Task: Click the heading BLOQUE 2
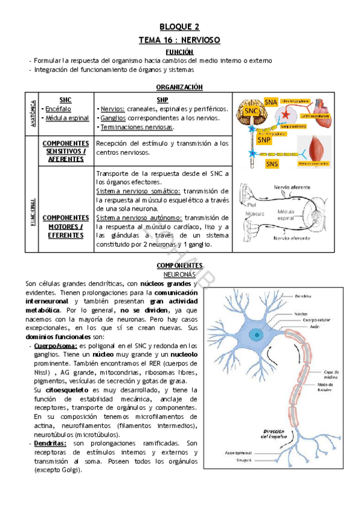click(x=179, y=27)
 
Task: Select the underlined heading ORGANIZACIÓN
click(x=179, y=87)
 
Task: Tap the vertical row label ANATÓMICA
click(x=31, y=113)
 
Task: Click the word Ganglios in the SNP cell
click(x=113, y=118)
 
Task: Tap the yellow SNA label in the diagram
click(x=271, y=103)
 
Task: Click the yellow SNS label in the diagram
click(x=272, y=164)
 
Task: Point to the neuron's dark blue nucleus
click(x=257, y=333)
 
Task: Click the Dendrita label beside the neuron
click(x=306, y=295)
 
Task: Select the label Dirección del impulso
click(x=273, y=435)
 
